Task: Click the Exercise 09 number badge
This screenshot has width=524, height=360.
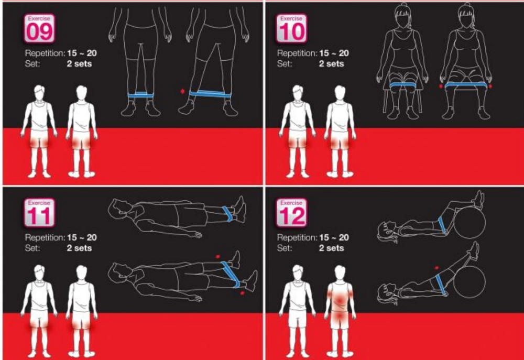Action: pos(39,28)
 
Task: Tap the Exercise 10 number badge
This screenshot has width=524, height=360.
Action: pos(292,28)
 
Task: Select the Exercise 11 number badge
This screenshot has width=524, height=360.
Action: pos(39,213)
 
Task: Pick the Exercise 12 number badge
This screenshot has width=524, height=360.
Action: pos(292,213)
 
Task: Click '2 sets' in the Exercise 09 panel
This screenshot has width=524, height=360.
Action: pos(79,64)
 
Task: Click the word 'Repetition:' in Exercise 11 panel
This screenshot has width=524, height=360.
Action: pos(45,238)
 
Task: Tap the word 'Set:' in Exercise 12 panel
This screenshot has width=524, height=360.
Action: pos(285,248)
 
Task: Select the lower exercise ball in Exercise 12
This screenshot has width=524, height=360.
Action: pos(470,283)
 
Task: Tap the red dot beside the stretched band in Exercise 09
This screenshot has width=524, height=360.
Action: pos(182,91)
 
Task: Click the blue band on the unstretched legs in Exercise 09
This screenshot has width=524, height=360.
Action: pos(141,95)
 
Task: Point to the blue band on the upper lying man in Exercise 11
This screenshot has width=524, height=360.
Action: pos(228,214)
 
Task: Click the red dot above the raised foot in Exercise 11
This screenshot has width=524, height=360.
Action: pos(218,256)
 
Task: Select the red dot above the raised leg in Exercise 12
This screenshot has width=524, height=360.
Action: pos(436,267)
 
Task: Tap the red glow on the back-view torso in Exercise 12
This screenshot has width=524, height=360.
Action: pos(340,300)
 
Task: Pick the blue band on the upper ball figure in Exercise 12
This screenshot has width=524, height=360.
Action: pos(443,225)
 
